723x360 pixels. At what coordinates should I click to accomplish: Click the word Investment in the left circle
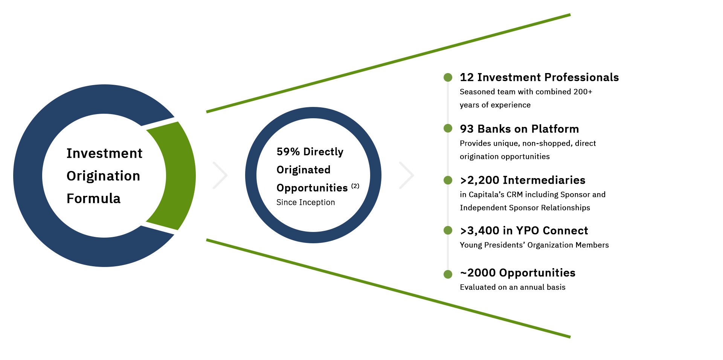pyautogui.click(x=104, y=153)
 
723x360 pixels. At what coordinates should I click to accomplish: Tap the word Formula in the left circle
pyautogui.click(x=93, y=198)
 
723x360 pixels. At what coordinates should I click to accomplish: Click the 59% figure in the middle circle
pyautogui.click(x=288, y=152)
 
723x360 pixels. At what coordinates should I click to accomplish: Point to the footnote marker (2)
pyautogui.click(x=355, y=186)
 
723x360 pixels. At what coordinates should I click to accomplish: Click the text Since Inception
pyautogui.click(x=305, y=202)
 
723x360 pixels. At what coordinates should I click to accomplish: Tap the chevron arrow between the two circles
pyautogui.click(x=221, y=175)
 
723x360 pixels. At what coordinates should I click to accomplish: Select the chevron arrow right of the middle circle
pyautogui.click(x=407, y=175)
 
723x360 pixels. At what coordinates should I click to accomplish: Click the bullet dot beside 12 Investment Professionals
pyautogui.click(x=448, y=78)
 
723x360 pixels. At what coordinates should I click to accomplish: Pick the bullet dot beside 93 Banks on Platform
pyautogui.click(x=448, y=128)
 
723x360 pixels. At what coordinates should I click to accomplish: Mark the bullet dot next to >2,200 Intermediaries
pyautogui.click(x=448, y=180)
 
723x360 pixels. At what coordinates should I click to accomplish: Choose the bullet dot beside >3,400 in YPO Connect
pyautogui.click(x=448, y=230)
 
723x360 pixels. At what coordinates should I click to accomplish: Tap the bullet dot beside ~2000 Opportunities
pyautogui.click(x=448, y=274)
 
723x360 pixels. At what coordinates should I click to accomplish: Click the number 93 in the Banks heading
pyautogui.click(x=467, y=129)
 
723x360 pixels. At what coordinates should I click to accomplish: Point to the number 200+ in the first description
pyautogui.click(x=583, y=92)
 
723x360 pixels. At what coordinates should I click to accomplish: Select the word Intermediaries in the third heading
pyautogui.click(x=544, y=180)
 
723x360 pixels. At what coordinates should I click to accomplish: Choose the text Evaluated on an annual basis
pyautogui.click(x=513, y=287)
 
